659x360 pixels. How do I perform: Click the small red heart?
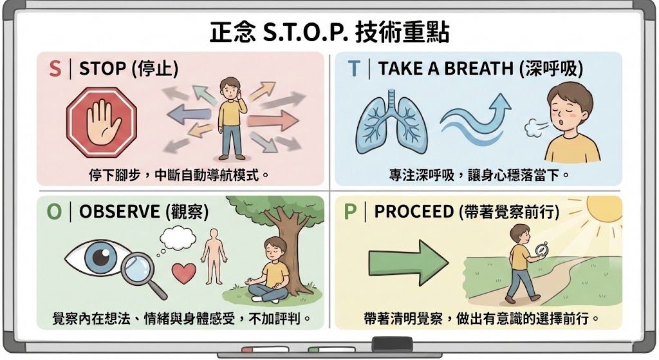pyautogui.click(x=183, y=271)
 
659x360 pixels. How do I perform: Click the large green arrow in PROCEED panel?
pyautogui.click(x=408, y=262)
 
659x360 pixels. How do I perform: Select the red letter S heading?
pyautogui.click(x=55, y=69)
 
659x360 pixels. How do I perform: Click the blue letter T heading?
pyautogui.click(x=353, y=69)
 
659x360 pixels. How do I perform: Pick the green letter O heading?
pyautogui.click(x=55, y=212)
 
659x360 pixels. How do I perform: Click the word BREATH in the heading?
pyautogui.click(x=482, y=69)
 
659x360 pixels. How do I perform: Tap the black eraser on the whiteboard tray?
pyautogui.click(x=392, y=344)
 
